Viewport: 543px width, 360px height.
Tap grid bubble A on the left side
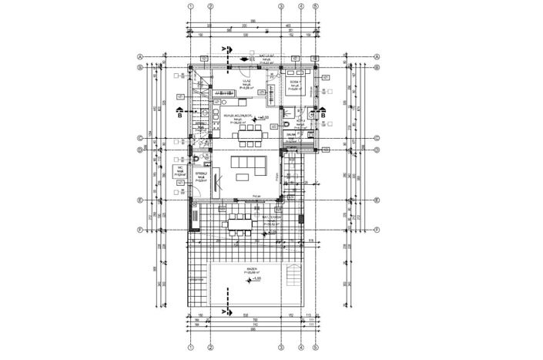coord(140,56)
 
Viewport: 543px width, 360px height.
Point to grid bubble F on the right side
coord(377,229)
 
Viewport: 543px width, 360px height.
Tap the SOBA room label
coord(294,82)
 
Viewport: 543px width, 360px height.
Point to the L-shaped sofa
coord(247,165)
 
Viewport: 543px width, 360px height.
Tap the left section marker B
coord(179,116)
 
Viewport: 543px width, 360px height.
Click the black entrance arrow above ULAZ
coord(244,58)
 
